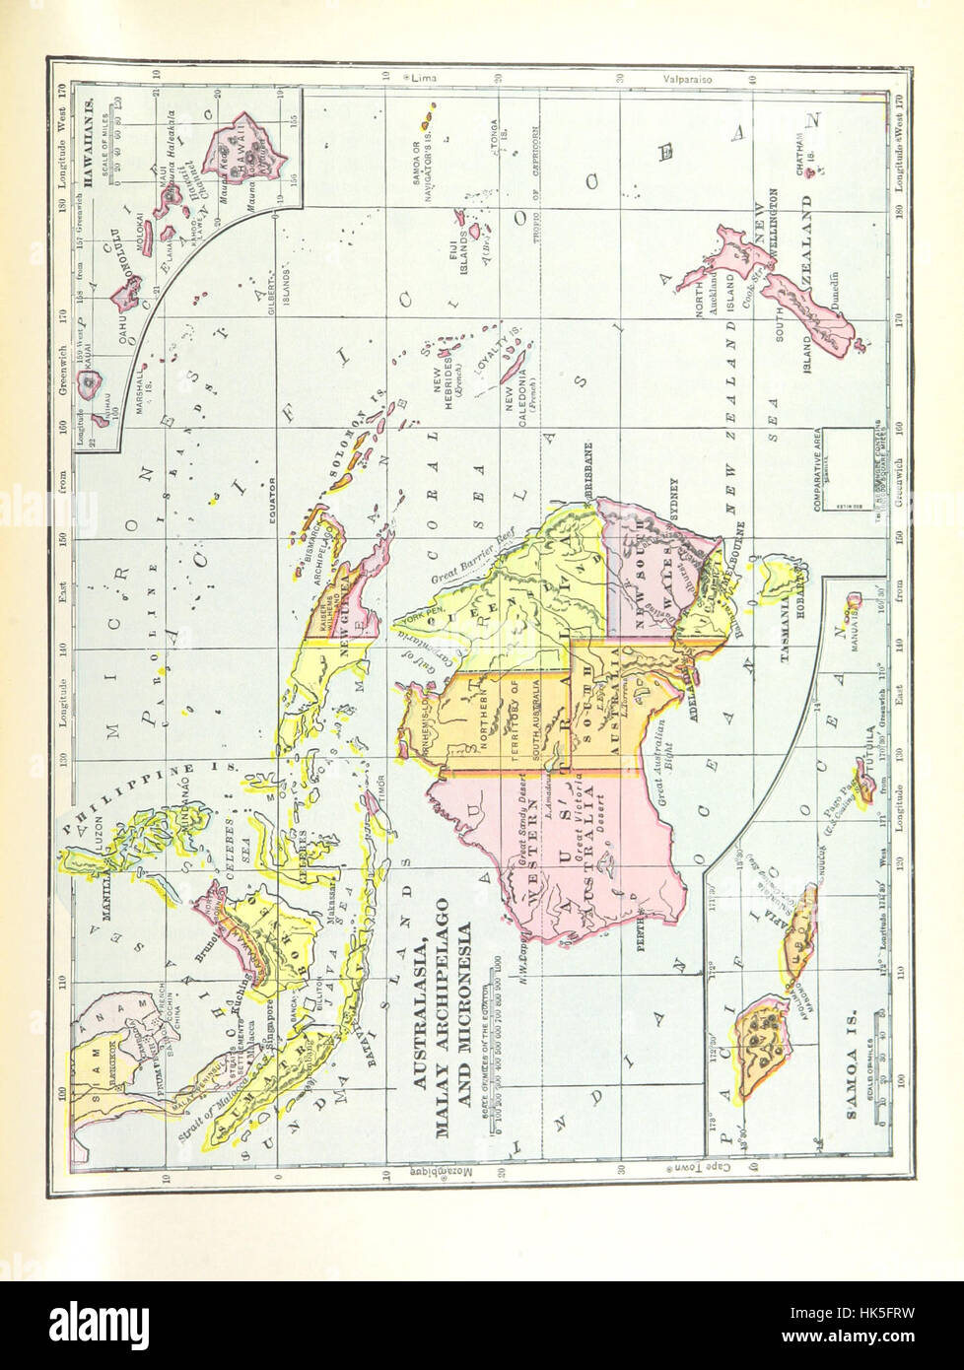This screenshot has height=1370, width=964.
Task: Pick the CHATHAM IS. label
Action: point(804,177)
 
